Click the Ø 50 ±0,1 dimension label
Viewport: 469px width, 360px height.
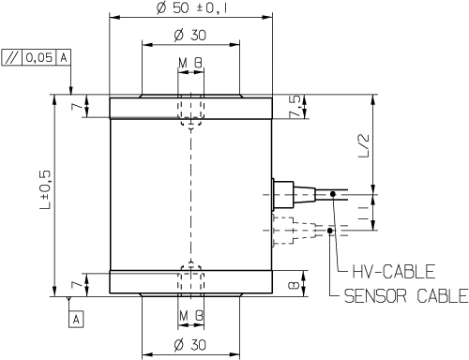click(191, 7)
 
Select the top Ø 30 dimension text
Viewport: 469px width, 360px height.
click(190, 35)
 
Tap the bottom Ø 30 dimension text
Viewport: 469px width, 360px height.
click(190, 344)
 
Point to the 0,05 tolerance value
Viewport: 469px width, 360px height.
click(38, 57)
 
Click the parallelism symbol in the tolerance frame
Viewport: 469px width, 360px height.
click(12, 57)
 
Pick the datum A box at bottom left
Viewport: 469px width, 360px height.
click(76, 319)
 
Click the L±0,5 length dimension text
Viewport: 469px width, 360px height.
click(45, 190)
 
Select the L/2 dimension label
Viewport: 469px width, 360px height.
click(364, 145)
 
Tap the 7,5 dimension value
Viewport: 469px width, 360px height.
click(295, 107)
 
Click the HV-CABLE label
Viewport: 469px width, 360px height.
click(394, 271)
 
